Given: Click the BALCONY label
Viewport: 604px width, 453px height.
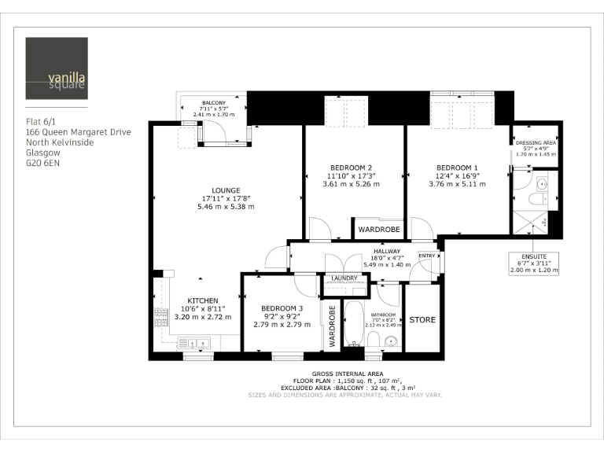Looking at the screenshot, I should coord(213,103).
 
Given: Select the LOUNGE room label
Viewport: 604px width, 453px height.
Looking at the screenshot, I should coord(215,190).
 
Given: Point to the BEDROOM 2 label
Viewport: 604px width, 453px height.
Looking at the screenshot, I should coord(351,168).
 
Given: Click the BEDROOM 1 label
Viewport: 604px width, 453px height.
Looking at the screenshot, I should coord(457,168).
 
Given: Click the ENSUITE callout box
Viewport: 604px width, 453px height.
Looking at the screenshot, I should coord(534,262).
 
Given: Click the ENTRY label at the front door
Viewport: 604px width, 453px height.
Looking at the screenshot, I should coord(427,256).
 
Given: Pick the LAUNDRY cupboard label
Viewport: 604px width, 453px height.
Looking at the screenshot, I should coord(344,278).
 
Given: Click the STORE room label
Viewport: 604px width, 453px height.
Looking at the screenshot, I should coord(422,320).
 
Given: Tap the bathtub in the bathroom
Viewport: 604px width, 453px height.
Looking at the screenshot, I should coord(354,322).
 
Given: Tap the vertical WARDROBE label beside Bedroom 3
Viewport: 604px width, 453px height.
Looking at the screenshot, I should coord(332,326).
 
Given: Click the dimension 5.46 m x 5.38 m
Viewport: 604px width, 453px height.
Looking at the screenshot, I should coord(215,206).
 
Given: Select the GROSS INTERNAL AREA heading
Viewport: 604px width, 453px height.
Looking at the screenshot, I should coord(348,374).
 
